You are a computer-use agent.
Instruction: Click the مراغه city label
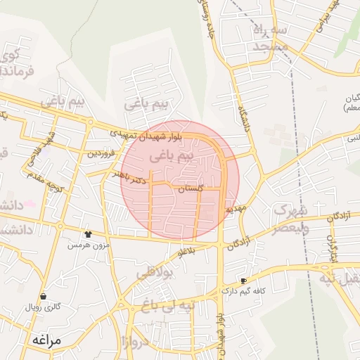click(48, 340)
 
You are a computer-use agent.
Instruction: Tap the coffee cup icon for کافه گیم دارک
click(243, 281)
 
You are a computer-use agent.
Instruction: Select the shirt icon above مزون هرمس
click(88, 234)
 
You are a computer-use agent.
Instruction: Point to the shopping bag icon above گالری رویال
click(44, 296)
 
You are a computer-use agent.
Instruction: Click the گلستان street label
click(191, 189)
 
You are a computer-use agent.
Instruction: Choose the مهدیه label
click(234, 210)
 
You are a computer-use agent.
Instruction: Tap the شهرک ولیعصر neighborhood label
click(290, 218)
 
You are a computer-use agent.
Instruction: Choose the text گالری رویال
click(44, 307)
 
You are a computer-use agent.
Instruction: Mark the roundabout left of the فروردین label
click(90, 122)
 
